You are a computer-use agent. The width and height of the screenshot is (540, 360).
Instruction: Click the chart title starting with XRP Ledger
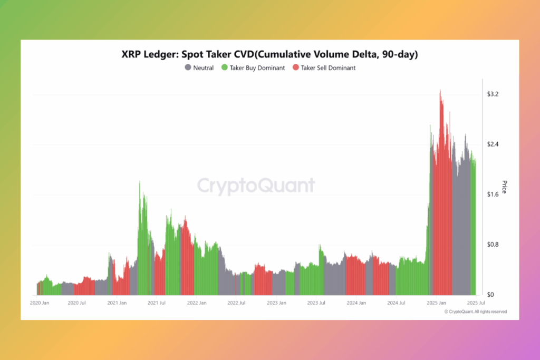[269, 54]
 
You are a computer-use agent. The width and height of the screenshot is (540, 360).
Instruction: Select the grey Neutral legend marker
[188, 67]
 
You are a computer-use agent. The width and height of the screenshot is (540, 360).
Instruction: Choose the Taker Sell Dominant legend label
[328, 68]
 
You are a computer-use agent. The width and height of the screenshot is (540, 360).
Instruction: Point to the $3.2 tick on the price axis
[493, 94]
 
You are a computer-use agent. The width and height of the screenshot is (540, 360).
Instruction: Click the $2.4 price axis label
[493, 144]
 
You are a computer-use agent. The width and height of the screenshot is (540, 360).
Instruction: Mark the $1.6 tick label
[493, 194]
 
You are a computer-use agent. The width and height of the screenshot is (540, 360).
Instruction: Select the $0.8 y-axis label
[493, 245]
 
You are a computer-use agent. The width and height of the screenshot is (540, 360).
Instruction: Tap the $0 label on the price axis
[490, 295]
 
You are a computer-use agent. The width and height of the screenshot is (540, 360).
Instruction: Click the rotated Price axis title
[504, 187]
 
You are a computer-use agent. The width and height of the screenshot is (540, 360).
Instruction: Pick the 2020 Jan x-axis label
[40, 303]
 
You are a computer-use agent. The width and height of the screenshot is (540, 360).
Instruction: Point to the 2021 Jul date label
[156, 303]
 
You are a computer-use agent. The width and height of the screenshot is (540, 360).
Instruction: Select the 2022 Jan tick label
[196, 303]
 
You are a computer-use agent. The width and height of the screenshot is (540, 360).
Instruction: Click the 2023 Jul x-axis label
[316, 303]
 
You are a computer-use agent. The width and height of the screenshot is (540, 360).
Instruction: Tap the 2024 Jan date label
[356, 303]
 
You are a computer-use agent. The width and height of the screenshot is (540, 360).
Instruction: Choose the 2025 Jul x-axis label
[476, 303]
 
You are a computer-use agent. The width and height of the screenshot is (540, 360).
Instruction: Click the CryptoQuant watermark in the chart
[256, 186]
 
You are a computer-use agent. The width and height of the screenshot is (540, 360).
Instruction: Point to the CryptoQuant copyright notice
[476, 312]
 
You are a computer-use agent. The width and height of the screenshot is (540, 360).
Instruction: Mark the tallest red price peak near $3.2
[440, 91]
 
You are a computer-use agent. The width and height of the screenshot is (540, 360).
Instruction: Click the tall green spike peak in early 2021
[140, 182]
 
